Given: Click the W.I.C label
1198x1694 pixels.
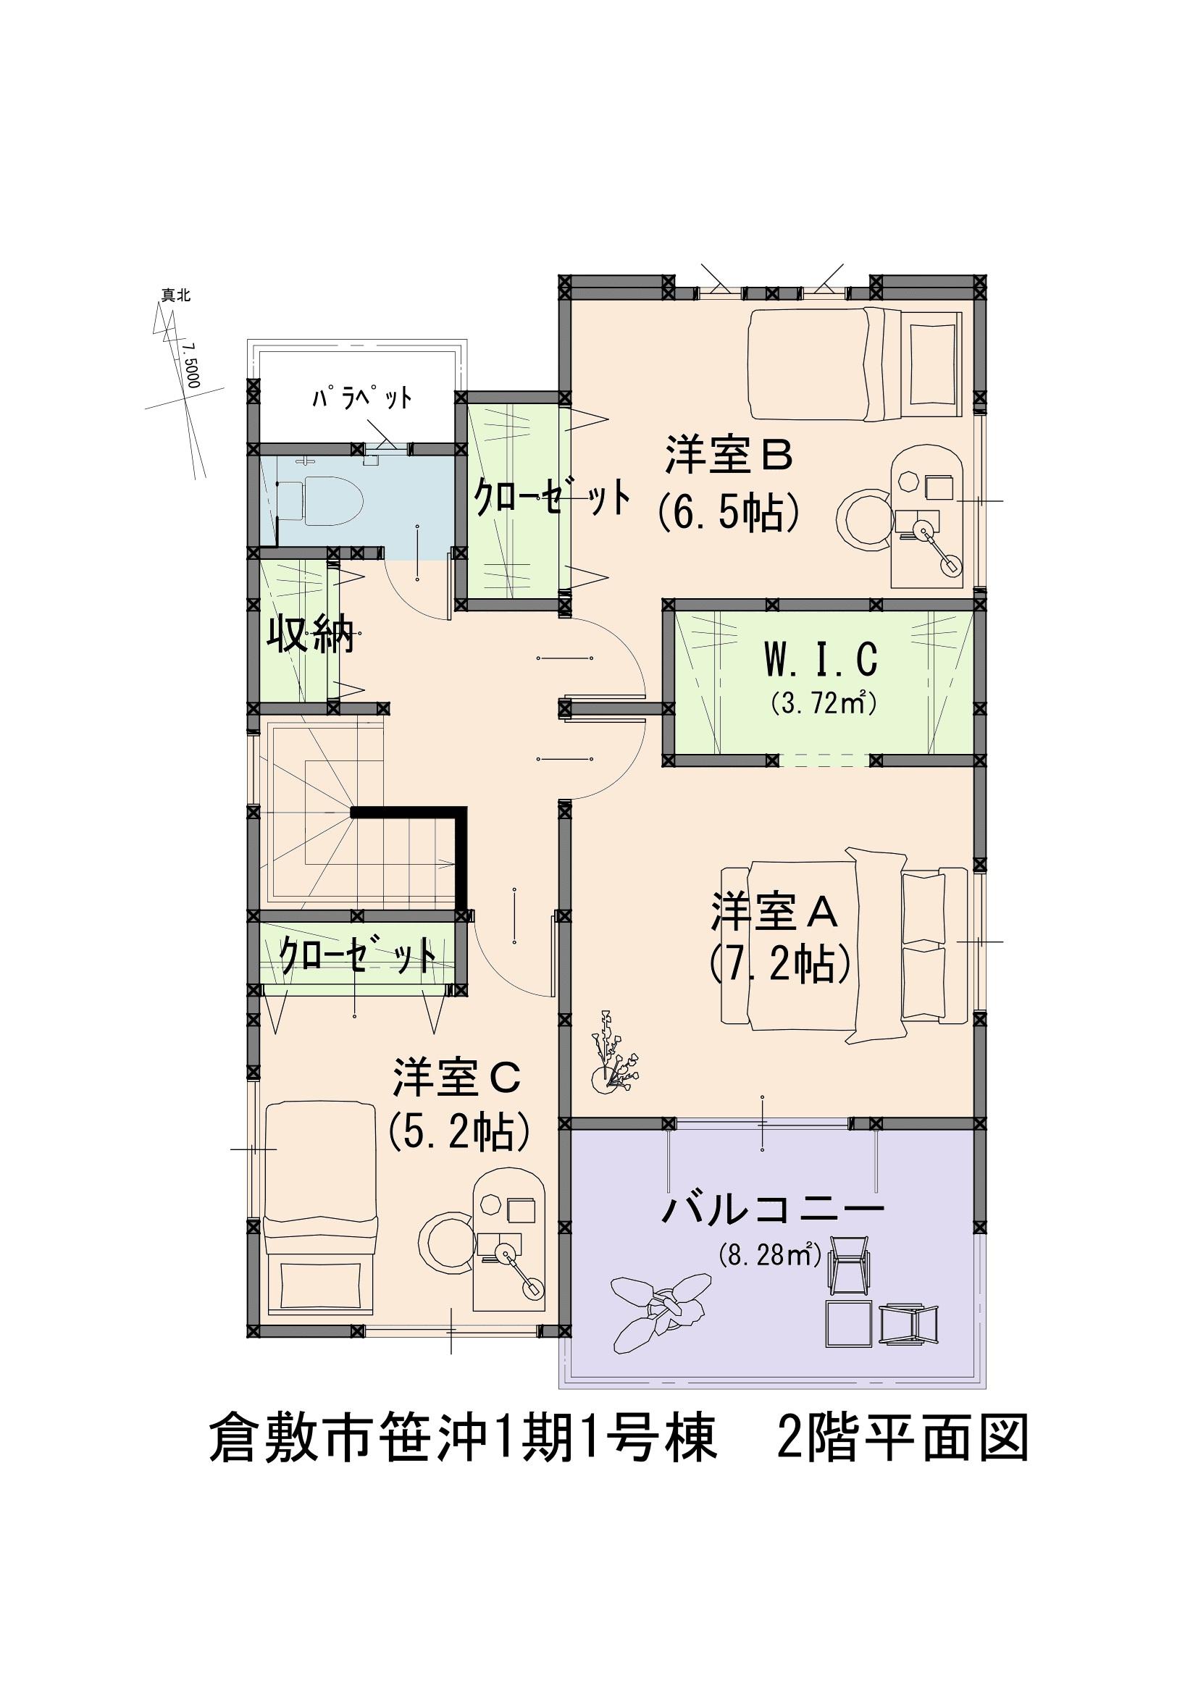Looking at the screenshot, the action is pos(821,660).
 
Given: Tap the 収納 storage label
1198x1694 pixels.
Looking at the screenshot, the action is pos(311,633).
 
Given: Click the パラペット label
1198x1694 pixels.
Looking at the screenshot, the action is pos(361,399).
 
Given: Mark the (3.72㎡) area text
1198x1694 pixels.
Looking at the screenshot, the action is pos(824,705).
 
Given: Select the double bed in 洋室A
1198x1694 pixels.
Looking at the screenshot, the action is pos(845,947).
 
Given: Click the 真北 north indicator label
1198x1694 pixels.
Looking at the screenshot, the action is pos(176,296).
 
